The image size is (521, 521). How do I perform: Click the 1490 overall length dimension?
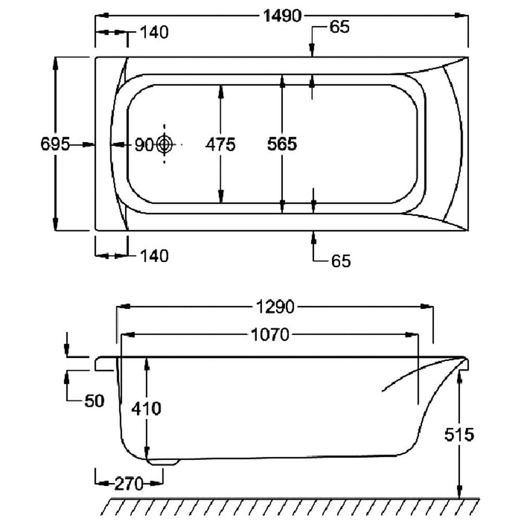click(281, 14)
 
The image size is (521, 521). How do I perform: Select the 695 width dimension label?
click(55, 144)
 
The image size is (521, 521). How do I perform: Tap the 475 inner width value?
click(220, 144)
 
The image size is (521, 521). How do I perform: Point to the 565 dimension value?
click(282, 144)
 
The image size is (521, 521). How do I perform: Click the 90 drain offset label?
click(143, 144)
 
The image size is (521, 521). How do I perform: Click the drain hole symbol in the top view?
click(165, 144)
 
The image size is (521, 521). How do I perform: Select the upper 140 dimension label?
click(153, 32)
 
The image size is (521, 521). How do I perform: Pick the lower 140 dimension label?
click(153, 256)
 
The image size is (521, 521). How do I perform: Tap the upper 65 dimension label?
click(339, 28)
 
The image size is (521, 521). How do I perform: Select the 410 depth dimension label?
click(146, 408)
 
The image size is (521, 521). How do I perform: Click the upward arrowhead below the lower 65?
click(313, 238)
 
